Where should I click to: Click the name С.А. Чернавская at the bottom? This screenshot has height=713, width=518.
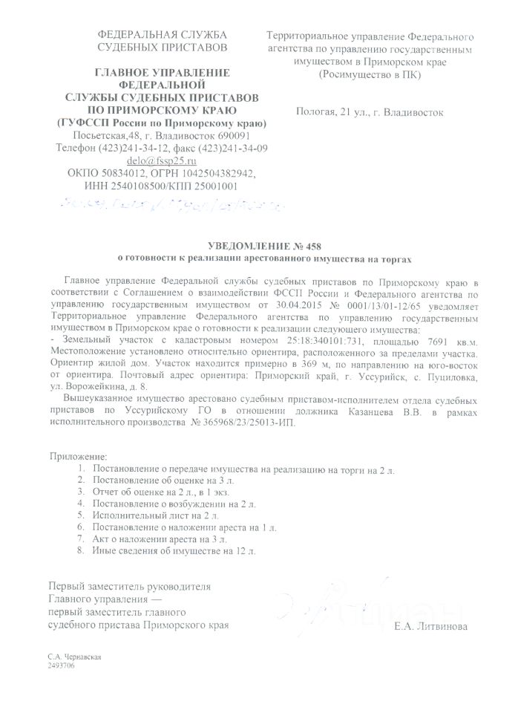point(73,658)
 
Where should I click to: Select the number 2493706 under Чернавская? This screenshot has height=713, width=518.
point(61,667)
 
